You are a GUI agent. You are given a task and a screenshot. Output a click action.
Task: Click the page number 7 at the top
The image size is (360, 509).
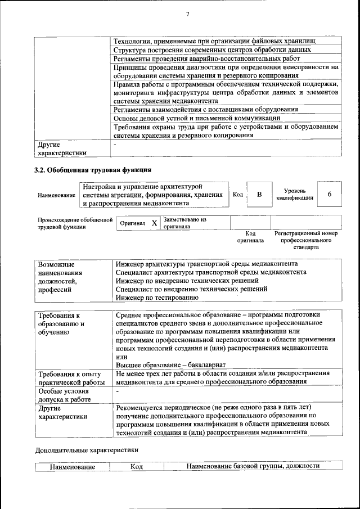pyautogui.click(x=187, y=14)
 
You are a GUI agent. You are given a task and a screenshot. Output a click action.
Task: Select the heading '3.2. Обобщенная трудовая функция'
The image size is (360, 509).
pyautogui.click(x=93, y=170)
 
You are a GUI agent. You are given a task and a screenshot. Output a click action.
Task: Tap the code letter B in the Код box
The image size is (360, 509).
pyautogui.click(x=259, y=195)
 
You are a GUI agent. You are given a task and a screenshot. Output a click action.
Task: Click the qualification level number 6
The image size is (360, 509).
pyautogui.click(x=329, y=195)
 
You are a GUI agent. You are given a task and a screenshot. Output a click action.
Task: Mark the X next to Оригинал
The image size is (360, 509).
pyautogui.click(x=154, y=223)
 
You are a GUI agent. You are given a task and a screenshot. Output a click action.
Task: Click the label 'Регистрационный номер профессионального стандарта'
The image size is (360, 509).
pyautogui.click(x=305, y=240)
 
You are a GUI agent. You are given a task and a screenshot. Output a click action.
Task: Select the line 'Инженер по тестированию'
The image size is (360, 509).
pyautogui.click(x=156, y=298)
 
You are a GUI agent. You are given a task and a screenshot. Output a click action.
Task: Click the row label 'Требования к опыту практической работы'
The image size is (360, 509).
pyautogui.click(x=69, y=378)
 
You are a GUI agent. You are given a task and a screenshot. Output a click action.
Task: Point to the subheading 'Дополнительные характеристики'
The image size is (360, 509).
pyautogui.click(x=86, y=450)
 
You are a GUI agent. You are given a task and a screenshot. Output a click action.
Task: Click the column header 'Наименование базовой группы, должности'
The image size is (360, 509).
pyautogui.click(x=252, y=466)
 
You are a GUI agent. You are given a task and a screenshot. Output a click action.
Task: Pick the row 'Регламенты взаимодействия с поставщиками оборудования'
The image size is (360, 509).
pyautogui.click(x=205, y=110)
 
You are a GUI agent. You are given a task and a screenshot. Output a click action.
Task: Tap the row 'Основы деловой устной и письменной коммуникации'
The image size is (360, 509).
pyautogui.click(x=196, y=118)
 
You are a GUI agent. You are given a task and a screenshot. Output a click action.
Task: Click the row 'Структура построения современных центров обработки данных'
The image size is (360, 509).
pyautogui.click(x=212, y=50)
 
